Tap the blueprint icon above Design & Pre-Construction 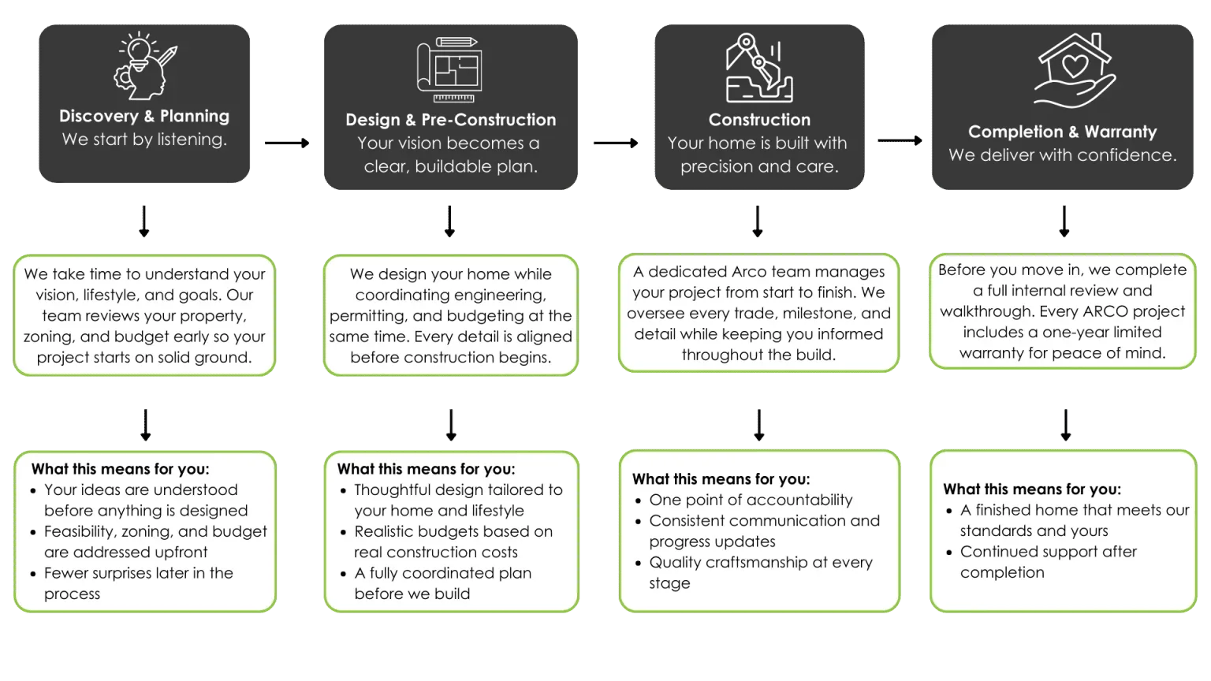point(449,69)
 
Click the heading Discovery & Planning point(144,116)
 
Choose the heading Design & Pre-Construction point(450,120)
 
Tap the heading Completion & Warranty point(1062,132)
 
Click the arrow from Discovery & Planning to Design point(289,143)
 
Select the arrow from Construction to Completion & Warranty point(899,142)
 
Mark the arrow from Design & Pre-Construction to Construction point(616,143)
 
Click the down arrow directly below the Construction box point(757,221)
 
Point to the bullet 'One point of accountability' point(750,500)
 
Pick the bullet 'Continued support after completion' point(1048,562)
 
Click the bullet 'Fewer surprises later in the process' point(138,583)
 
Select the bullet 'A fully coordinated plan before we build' point(442,583)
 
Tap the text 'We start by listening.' point(144,140)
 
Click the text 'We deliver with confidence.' point(1062,155)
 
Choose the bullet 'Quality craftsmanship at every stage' point(760,572)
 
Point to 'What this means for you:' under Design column point(426,469)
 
